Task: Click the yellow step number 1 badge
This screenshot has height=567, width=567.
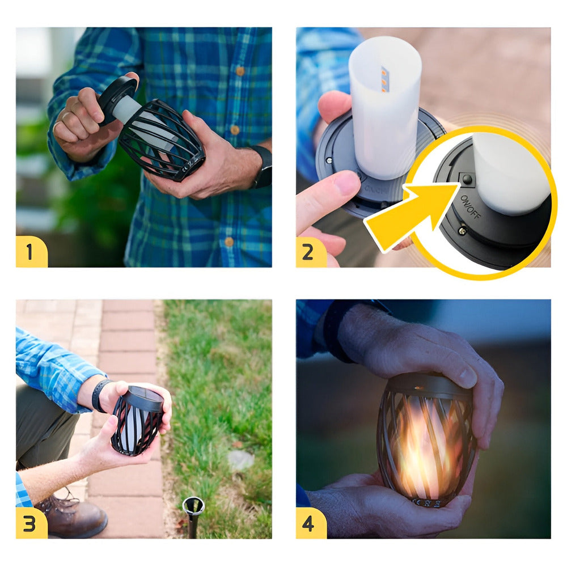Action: tap(31, 251)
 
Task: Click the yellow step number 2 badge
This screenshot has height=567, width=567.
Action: tap(311, 251)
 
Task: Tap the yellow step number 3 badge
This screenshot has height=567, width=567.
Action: tap(31, 523)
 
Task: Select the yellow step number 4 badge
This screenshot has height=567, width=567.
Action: tap(311, 523)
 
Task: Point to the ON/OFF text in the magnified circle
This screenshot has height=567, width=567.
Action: tap(470, 208)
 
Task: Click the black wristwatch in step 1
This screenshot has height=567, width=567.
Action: tap(263, 167)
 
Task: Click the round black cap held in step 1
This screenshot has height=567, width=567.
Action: tap(117, 99)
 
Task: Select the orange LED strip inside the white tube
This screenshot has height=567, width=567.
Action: tap(384, 79)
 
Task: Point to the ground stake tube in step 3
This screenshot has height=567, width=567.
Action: tap(193, 513)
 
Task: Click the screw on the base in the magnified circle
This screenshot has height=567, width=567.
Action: tap(463, 231)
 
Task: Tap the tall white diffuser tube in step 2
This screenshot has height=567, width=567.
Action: tap(385, 108)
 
